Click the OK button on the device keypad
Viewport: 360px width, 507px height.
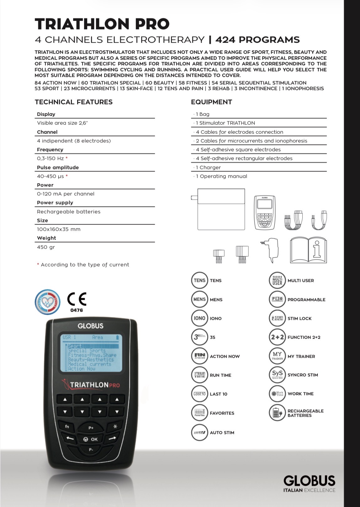click(91, 439)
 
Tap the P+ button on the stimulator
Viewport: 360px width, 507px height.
click(91, 428)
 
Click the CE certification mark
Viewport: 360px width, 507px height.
click(77, 299)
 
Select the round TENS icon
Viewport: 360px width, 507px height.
click(199, 280)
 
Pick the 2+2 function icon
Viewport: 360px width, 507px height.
click(277, 337)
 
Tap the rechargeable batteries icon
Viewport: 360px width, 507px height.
click(277, 413)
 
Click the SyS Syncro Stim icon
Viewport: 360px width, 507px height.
click(277, 375)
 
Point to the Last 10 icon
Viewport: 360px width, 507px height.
click(199, 394)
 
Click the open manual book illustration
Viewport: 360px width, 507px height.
click(309, 250)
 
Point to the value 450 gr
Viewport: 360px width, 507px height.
click(46, 247)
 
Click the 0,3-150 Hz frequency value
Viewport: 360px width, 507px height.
click(50, 158)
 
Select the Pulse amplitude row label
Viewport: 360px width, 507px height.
click(58, 167)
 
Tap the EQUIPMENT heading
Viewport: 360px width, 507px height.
click(211, 102)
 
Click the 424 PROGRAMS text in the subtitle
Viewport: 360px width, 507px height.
click(257, 40)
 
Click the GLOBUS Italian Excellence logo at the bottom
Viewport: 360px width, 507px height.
click(309, 483)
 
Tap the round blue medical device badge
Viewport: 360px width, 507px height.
click(47, 302)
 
